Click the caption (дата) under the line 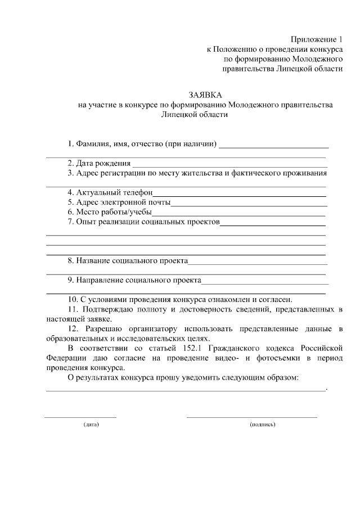pyautogui.click(x=91, y=424)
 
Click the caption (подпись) pyautogui.click(x=263, y=424)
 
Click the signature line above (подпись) pyautogui.click(x=252, y=417)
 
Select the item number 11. pyautogui.click(x=72, y=309)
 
